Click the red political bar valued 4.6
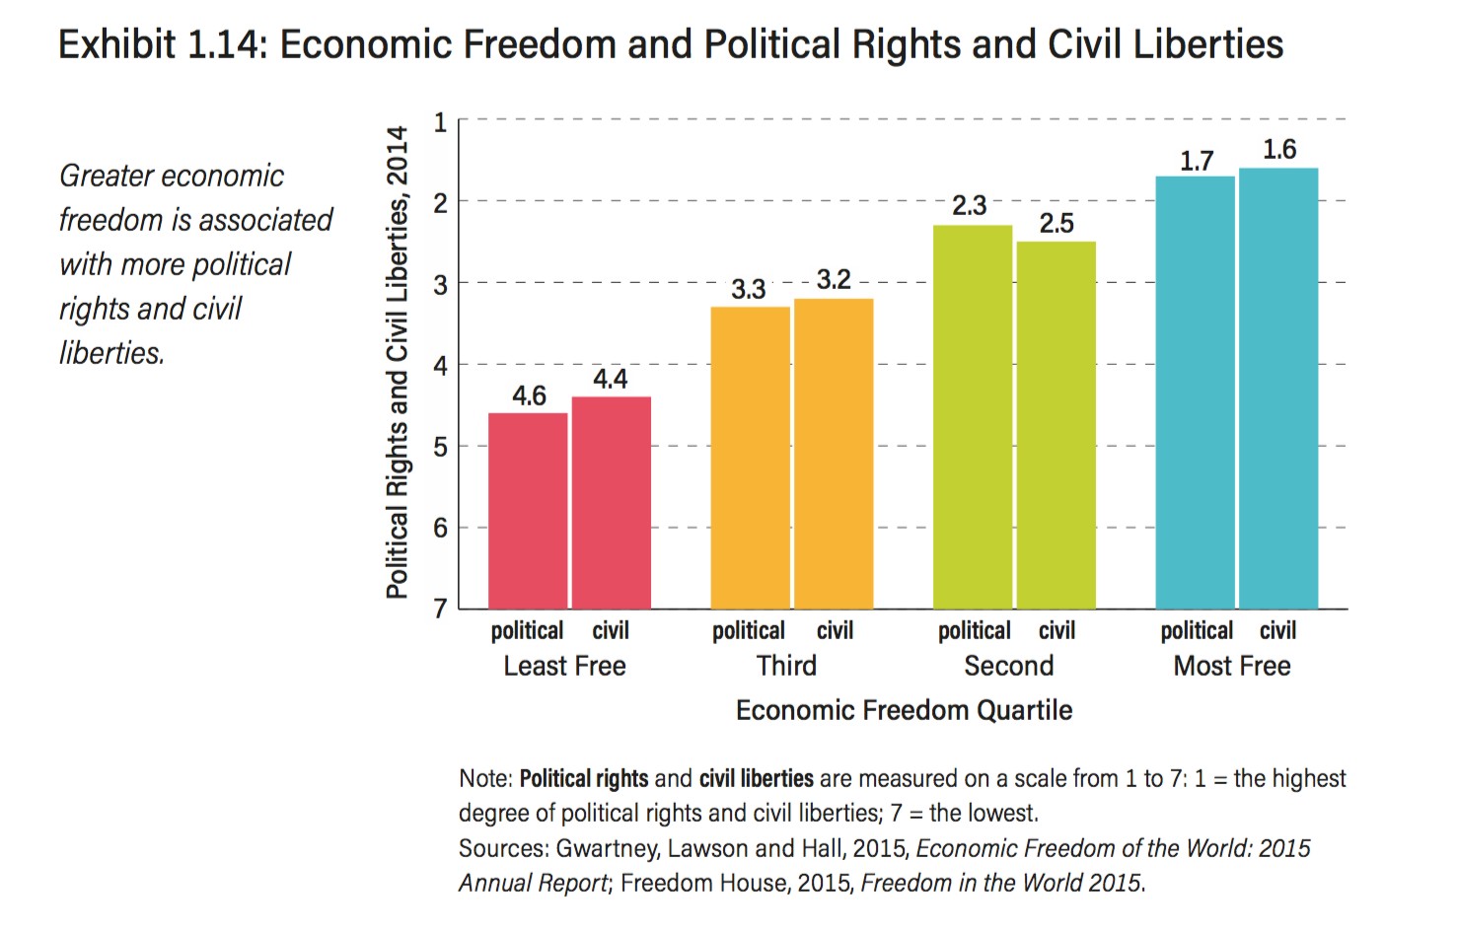click(x=528, y=510)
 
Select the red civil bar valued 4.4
click(x=612, y=502)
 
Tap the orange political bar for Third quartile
click(x=750, y=458)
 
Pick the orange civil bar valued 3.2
click(x=834, y=454)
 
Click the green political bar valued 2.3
click(x=973, y=416)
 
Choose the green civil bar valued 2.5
click(x=1056, y=424)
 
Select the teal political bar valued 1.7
click(x=1195, y=392)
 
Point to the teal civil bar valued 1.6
click(x=1278, y=388)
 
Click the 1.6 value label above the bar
click(x=1279, y=150)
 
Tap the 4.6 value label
click(x=529, y=396)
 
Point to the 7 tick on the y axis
click(x=440, y=609)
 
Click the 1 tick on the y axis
click(x=440, y=122)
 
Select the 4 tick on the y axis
click(x=440, y=366)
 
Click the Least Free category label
click(x=564, y=667)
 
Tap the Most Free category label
click(x=1232, y=667)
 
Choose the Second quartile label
click(x=1009, y=667)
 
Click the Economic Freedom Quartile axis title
click(x=904, y=711)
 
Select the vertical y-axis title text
click(x=397, y=362)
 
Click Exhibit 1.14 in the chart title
click(x=160, y=45)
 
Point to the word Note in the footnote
click(x=483, y=779)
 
